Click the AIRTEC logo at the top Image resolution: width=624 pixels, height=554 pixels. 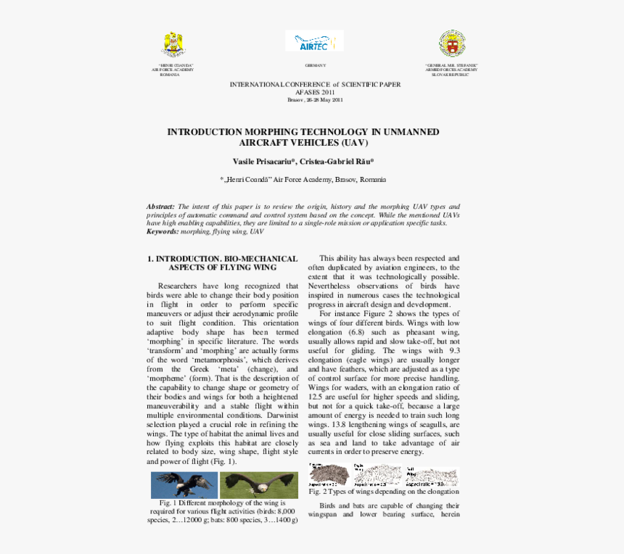313,41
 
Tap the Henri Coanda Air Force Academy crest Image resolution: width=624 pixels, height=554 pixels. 173,45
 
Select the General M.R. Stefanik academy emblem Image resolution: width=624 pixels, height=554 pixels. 451,44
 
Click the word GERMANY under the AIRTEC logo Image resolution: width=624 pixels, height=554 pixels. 315,65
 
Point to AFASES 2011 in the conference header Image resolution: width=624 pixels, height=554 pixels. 315,93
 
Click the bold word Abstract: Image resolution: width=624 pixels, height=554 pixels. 160,207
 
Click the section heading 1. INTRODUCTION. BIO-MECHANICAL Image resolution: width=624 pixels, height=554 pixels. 222,258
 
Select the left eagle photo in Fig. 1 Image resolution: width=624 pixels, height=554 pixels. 184,485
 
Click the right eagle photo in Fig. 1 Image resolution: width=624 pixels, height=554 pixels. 258,485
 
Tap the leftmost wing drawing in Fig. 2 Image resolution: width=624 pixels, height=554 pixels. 328,475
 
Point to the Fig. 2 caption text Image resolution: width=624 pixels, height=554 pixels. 383,491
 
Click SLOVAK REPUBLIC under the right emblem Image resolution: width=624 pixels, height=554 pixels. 451,75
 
